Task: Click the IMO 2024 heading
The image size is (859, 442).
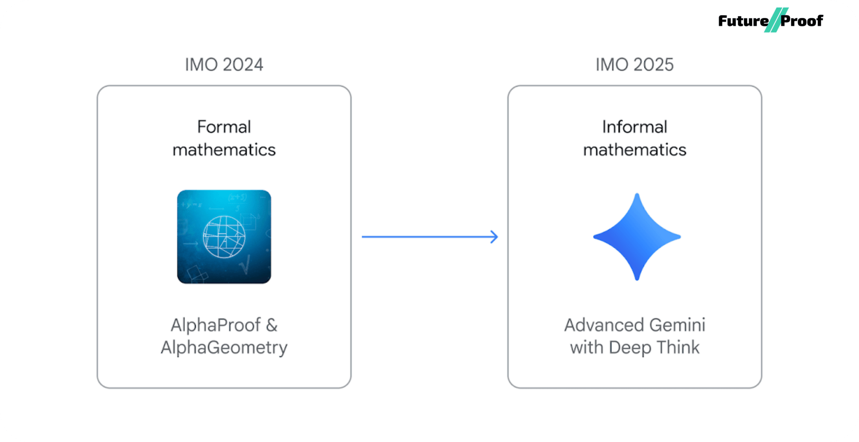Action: pyautogui.click(x=224, y=65)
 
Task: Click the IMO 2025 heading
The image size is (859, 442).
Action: pyautogui.click(x=634, y=65)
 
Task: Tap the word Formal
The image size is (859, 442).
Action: pyautogui.click(x=224, y=127)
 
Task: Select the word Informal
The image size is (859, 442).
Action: pyautogui.click(x=634, y=127)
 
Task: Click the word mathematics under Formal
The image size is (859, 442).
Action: pyautogui.click(x=224, y=150)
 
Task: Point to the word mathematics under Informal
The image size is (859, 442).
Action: pyautogui.click(x=634, y=150)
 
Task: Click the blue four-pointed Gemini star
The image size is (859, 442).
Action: pyautogui.click(x=637, y=237)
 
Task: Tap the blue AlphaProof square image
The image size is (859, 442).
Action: pyautogui.click(x=224, y=237)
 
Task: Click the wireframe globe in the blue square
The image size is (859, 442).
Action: pyautogui.click(x=224, y=237)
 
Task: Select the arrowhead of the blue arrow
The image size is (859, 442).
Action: pyautogui.click(x=494, y=237)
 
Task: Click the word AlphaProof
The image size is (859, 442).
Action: pyautogui.click(x=216, y=325)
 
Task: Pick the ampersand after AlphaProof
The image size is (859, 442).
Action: pyautogui.click(x=272, y=325)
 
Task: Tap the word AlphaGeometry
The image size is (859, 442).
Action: pyautogui.click(x=224, y=348)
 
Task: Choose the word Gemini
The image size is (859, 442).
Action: pyautogui.click(x=677, y=325)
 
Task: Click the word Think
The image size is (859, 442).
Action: pyautogui.click(x=676, y=348)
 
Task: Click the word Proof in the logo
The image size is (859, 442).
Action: pyautogui.click(x=802, y=21)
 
